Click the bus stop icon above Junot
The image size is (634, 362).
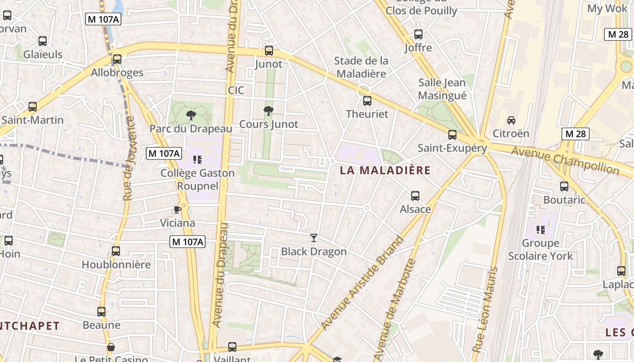pyautogui.click(x=269, y=51)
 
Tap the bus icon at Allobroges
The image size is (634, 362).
pyautogui.click(x=117, y=59)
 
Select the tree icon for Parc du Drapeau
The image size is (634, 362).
pyautogui.click(x=191, y=115)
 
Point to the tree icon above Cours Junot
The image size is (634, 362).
pyautogui.click(x=269, y=110)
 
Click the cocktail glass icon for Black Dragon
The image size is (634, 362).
pyautogui.click(x=313, y=238)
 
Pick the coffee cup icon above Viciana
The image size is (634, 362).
pyautogui.click(x=178, y=210)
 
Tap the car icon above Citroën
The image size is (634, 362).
pyautogui.click(x=511, y=120)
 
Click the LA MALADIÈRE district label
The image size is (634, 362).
pyautogui.click(x=385, y=171)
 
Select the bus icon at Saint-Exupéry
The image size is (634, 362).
pyautogui.click(x=452, y=135)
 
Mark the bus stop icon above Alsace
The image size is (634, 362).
pyautogui.click(x=415, y=196)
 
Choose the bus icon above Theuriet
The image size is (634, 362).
pyautogui.click(x=367, y=101)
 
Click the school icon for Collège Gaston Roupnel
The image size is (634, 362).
pyautogui.click(x=197, y=159)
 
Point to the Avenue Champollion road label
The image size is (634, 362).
pyautogui.click(x=565, y=160)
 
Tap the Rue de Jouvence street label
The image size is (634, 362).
pyautogui.click(x=129, y=158)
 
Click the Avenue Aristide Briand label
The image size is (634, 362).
pyautogui.click(x=362, y=283)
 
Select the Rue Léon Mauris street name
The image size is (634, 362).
pyautogui.click(x=485, y=310)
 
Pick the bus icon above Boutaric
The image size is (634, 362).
pyautogui.click(x=564, y=186)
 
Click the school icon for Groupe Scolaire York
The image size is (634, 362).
pyautogui.click(x=540, y=230)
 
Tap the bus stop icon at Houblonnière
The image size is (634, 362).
pyautogui.click(x=116, y=251)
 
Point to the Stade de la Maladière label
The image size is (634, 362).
pyautogui.click(x=361, y=67)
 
